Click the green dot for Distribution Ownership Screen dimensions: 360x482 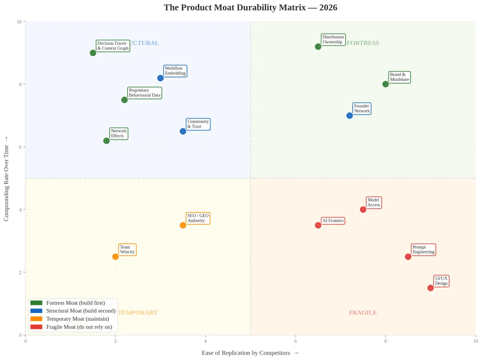(318, 47)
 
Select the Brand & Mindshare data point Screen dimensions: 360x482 (386, 84)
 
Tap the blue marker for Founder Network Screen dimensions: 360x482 (349, 116)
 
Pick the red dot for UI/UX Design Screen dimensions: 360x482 (431, 288)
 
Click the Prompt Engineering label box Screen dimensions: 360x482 (423, 250)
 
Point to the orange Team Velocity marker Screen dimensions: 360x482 (115, 257)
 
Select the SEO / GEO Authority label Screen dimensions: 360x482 (198, 218)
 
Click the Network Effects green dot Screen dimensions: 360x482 (106, 141)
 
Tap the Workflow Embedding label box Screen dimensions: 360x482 (175, 71)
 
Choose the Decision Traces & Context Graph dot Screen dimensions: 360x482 (93, 53)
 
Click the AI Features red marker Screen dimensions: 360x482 (318, 225)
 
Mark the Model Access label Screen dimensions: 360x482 (374, 203)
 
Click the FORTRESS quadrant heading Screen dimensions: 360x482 (363, 43)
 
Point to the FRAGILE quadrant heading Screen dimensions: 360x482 (363, 313)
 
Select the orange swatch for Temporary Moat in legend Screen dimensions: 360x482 (36, 319)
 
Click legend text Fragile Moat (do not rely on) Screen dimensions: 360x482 (79, 327)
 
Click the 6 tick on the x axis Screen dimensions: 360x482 (296, 341)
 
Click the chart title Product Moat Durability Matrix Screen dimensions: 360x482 (250, 8)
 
